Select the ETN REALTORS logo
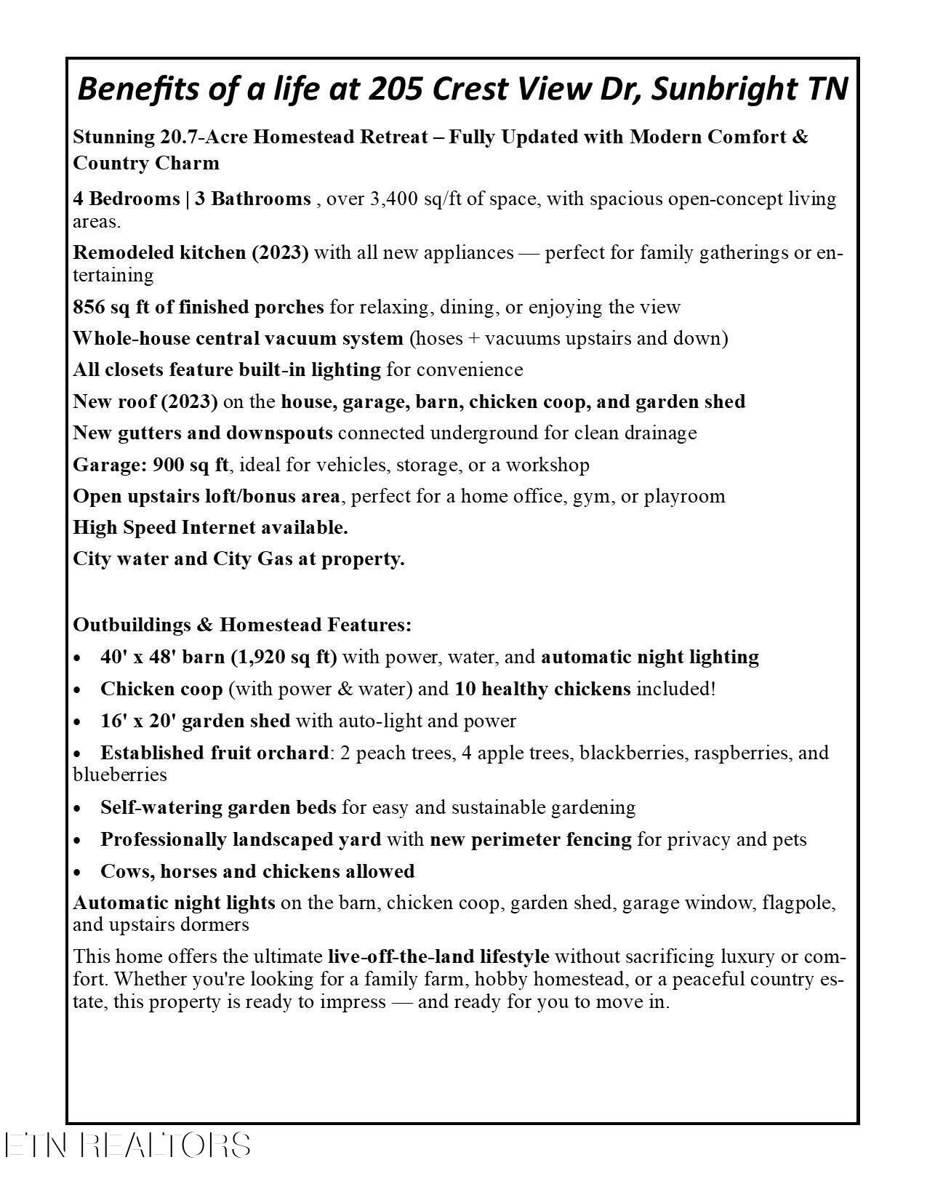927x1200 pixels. click(x=128, y=1145)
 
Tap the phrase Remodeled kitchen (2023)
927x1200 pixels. click(x=190, y=252)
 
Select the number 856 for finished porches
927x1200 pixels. click(x=89, y=307)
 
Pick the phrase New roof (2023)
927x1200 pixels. click(x=145, y=401)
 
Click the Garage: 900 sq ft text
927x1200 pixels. click(x=151, y=465)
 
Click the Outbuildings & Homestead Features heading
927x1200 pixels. click(x=242, y=625)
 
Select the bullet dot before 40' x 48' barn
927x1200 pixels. click(x=78, y=658)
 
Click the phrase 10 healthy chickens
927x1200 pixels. click(x=542, y=689)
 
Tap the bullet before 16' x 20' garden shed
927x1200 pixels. click(x=78, y=722)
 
